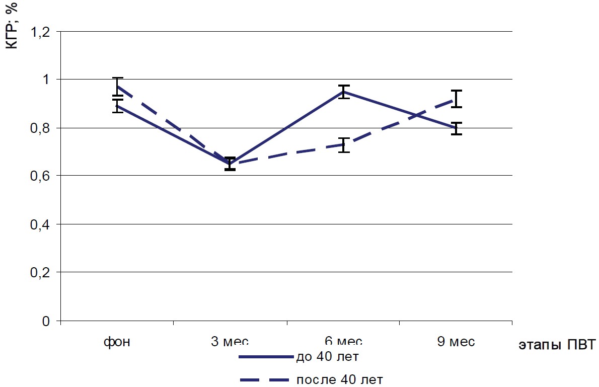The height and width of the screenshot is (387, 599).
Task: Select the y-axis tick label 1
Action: click(46, 80)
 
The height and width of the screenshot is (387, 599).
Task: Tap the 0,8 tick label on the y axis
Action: click(41, 128)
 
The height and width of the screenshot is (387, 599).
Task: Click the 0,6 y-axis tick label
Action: click(41, 176)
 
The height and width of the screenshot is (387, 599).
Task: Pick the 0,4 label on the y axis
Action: click(41, 224)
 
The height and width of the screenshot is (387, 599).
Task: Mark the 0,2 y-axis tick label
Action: click(41, 272)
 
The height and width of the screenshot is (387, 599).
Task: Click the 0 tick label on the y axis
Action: click(46, 321)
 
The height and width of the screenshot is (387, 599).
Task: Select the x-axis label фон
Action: click(117, 342)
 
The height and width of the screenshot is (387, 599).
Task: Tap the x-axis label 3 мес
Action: click(230, 342)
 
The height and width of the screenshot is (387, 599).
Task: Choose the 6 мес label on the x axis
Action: click(343, 342)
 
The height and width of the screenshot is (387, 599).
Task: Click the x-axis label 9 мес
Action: click(456, 342)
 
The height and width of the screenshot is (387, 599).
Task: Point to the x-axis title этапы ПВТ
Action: click(556, 345)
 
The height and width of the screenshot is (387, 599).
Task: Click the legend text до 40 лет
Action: click(327, 357)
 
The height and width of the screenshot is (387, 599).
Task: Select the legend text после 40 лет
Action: click(336, 379)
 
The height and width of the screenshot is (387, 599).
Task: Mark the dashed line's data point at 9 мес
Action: click(457, 99)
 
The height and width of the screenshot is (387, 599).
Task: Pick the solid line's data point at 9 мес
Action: click(457, 128)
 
